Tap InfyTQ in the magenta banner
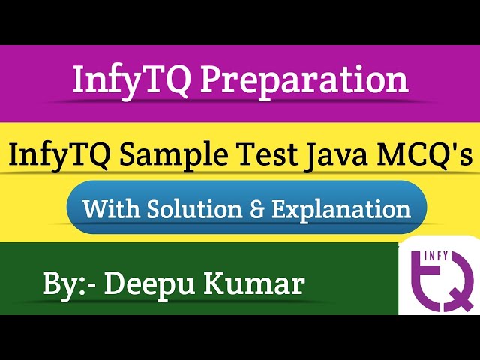[126, 80]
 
